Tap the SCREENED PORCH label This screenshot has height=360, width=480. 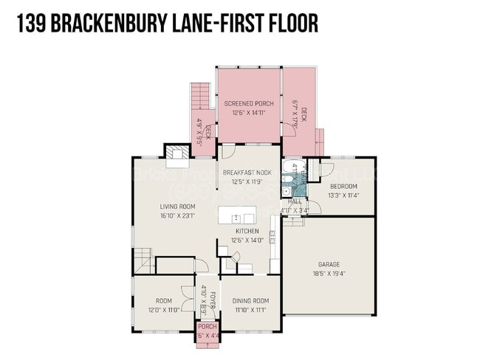[249, 104]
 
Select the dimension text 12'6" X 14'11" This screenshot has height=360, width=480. [249, 114]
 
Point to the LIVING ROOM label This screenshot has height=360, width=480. [178, 207]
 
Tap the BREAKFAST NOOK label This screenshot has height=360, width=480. [247, 173]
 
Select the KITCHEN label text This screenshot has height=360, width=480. [247, 231]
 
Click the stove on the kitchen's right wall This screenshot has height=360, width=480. [272, 237]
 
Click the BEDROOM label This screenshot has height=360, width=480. [343, 186]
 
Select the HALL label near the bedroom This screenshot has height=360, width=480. [295, 201]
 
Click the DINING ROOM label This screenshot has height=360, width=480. [251, 301]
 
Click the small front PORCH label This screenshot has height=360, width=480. [208, 327]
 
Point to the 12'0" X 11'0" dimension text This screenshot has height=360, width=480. [163, 310]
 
